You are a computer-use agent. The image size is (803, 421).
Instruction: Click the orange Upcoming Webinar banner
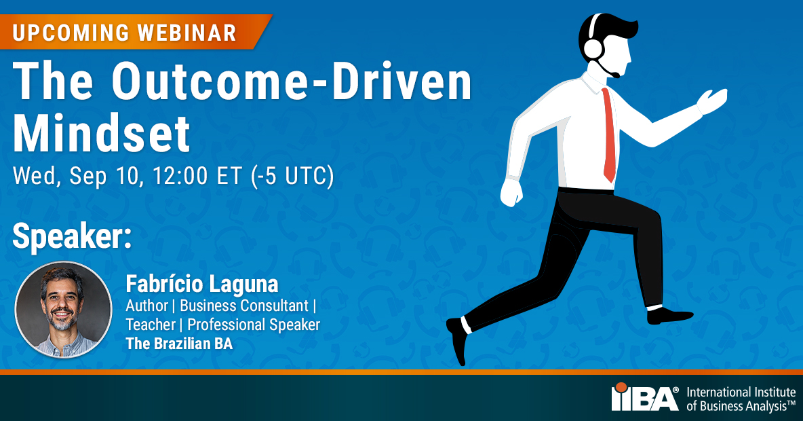coord(129,32)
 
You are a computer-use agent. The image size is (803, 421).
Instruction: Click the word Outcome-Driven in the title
coord(292,83)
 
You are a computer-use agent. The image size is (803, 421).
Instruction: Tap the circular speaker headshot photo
coord(63,310)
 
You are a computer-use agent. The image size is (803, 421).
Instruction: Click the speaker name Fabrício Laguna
coord(202,284)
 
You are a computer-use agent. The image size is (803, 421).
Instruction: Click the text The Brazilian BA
coord(179,344)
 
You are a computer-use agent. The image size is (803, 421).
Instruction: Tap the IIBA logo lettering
coord(644,398)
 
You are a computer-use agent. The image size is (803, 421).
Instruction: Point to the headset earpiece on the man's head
coord(593,48)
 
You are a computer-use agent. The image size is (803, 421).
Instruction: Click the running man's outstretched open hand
coord(712,101)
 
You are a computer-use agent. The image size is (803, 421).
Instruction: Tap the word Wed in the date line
coord(32,176)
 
